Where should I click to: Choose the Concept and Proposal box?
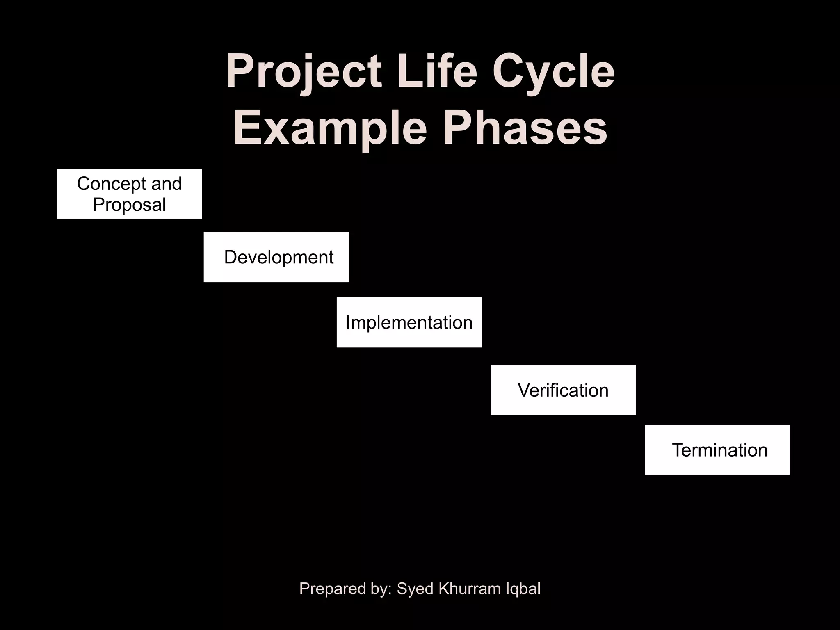coord(129,194)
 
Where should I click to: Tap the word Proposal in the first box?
coord(129,205)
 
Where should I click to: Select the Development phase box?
coord(276,257)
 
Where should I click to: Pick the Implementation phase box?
coord(409,322)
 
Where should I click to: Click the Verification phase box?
coord(563,390)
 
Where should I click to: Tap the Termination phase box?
coord(717,450)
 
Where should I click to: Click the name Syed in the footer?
coord(415,589)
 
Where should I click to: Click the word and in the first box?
coord(166,183)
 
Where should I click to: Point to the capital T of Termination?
coord(678,450)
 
